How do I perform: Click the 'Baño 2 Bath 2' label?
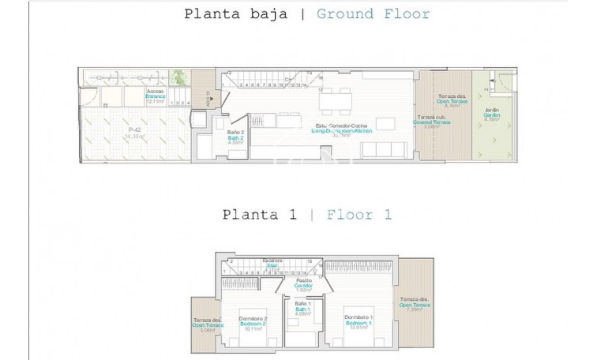(x=235, y=136)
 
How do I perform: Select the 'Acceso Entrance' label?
(x=155, y=96)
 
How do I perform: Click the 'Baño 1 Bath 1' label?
(x=302, y=307)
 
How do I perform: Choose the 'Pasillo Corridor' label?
(x=303, y=284)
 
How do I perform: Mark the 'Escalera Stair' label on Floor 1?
(x=272, y=264)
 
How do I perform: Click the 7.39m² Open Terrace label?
(x=414, y=303)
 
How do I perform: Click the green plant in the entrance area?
(x=181, y=78)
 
